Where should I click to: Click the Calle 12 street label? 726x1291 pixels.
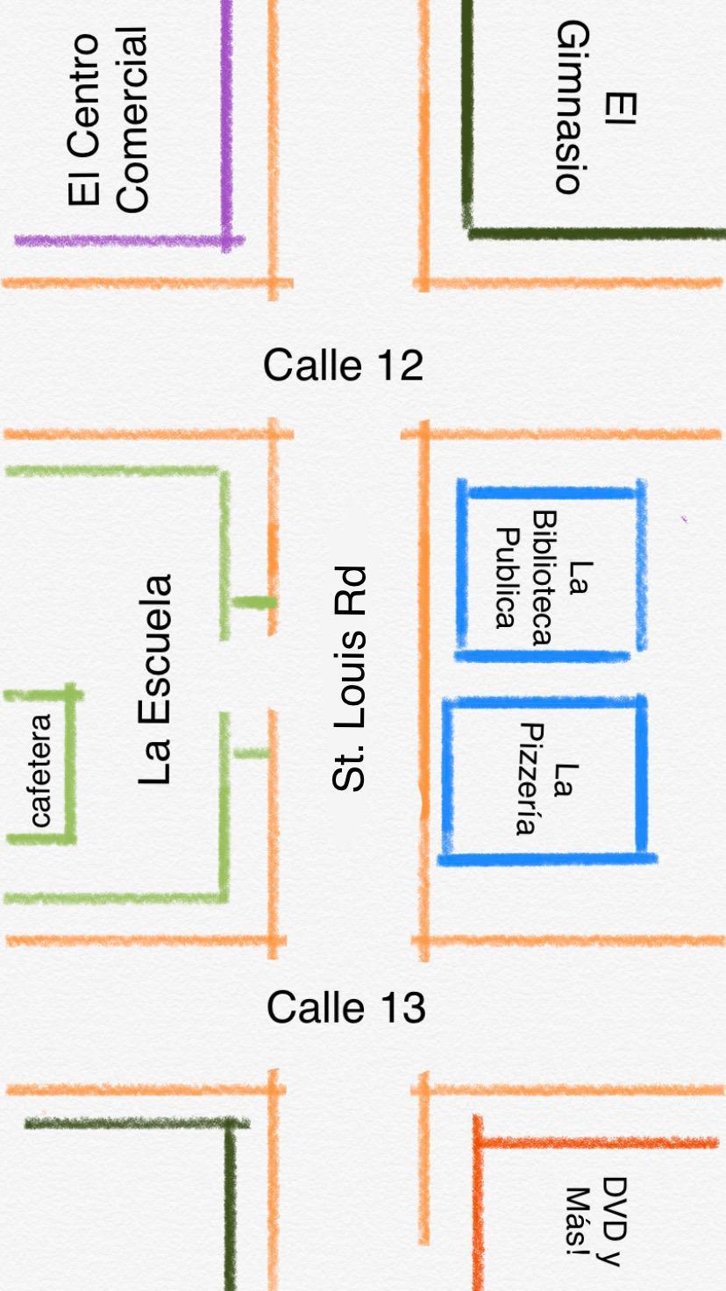coord(344,365)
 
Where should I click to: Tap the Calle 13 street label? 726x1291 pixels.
coord(346,1007)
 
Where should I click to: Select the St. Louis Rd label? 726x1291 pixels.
coord(348,680)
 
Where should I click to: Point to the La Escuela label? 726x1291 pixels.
coord(155,680)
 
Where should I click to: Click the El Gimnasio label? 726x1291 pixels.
coord(594,107)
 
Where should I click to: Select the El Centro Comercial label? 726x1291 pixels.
coord(108,119)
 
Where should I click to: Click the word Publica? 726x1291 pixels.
coord(504,578)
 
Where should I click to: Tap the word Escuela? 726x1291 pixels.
coord(155,651)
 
